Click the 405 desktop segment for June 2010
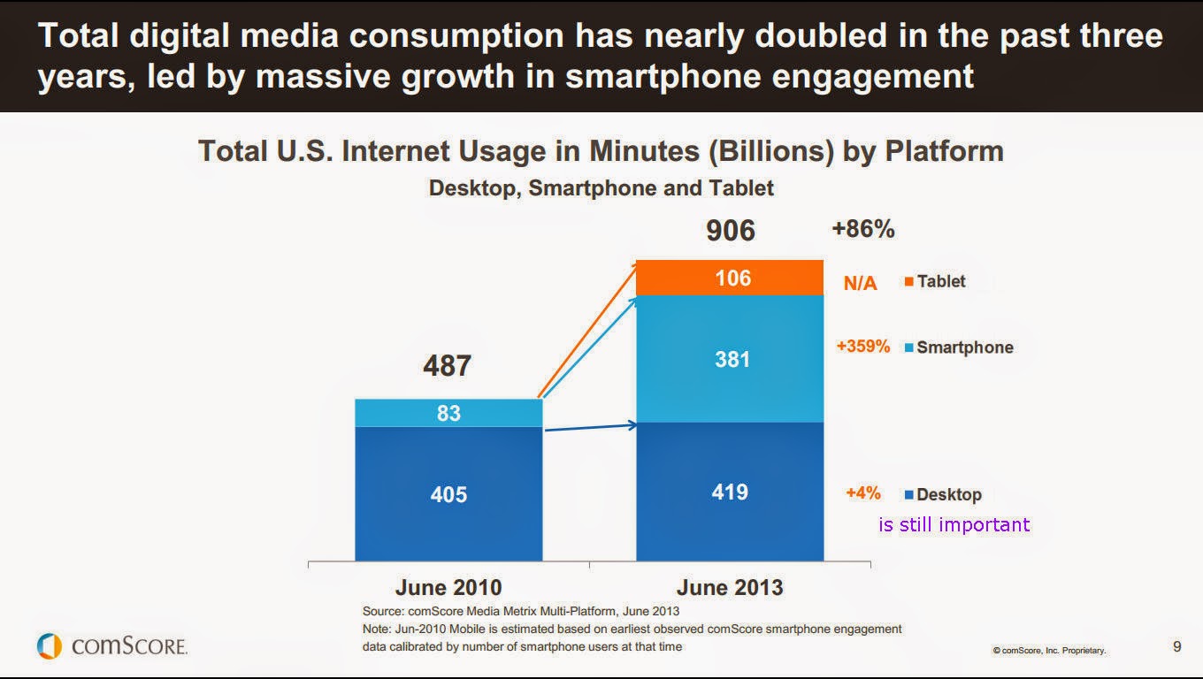(x=448, y=493)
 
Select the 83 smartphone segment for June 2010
(x=448, y=413)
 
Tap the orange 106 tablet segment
(x=731, y=278)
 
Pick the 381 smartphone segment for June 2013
(x=731, y=359)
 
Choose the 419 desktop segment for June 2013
(x=731, y=492)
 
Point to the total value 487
(x=447, y=365)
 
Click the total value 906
(x=730, y=231)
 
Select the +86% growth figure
(x=862, y=230)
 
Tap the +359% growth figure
(x=862, y=347)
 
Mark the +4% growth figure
(x=862, y=493)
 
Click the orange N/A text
(x=860, y=284)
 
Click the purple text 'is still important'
(x=954, y=524)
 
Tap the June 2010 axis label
(x=448, y=587)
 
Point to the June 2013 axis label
(x=730, y=587)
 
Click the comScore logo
(x=112, y=646)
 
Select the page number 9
(x=1176, y=646)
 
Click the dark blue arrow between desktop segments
(x=590, y=428)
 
